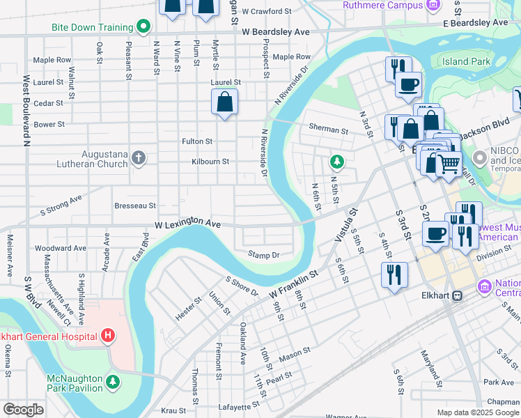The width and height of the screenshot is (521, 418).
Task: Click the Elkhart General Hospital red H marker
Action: [x=107, y=336]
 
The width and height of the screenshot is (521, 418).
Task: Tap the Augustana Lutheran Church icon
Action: [x=139, y=157]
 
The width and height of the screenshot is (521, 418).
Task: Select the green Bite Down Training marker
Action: [x=143, y=27]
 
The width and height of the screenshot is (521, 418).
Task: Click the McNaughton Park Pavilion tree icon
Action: [x=112, y=382]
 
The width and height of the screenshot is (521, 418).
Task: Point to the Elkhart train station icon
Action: [x=457, y=295]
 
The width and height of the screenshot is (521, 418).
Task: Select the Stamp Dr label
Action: [x=263, y=255]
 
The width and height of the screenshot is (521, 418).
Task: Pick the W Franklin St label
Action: [x=293, y=284]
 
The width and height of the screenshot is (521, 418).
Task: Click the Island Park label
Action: [x=466, y=62]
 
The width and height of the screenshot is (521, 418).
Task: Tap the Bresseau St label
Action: [x=135, y=206]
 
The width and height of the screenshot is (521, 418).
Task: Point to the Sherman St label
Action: [x=328, y=130]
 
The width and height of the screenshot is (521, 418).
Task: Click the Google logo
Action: [x=23, y=410]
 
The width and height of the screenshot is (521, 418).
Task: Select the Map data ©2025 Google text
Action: [x=477, y=412]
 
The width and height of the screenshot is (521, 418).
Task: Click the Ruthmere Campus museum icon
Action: [x=433, y=6]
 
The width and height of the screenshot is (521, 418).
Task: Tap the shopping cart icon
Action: [x=449, y=164]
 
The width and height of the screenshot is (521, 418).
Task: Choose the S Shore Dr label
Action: [x=241, y=285]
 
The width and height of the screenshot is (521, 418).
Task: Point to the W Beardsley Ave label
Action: [x=276, y=32]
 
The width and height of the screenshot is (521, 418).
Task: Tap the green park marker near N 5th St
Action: [x=337, y=162]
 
